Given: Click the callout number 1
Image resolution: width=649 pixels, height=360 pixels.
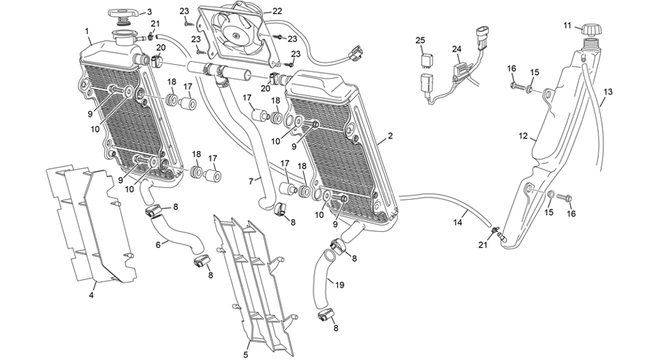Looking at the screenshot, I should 87,31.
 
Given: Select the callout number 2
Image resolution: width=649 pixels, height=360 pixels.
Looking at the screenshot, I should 390,136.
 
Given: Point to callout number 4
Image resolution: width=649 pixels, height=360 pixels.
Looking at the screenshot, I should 92,294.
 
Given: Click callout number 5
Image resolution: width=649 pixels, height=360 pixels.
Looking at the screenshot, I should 245,354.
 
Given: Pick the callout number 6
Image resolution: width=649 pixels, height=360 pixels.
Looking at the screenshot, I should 158,245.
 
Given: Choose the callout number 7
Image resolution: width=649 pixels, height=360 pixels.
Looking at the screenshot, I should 251,179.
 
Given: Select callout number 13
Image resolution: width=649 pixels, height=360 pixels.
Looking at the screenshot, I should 608,92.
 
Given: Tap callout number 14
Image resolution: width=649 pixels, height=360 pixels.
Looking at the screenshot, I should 458,222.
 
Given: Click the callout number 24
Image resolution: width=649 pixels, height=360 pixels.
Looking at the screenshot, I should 457,50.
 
